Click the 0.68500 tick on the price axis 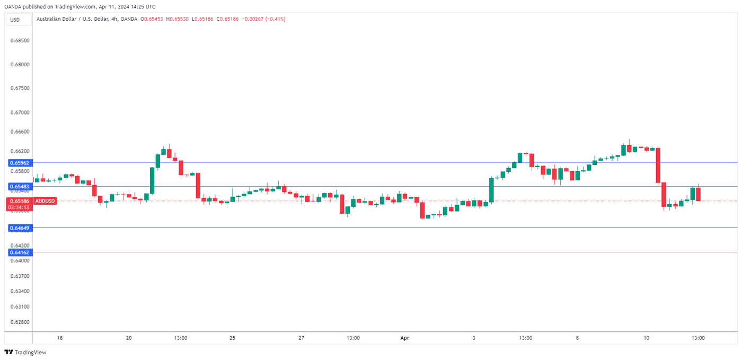20,40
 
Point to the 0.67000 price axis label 20,113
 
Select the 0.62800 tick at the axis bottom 20,322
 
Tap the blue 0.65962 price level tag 19,163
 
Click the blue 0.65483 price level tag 19,187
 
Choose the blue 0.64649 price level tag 19,228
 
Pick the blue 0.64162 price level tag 19,253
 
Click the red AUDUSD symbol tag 45,201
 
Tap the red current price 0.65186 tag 19,201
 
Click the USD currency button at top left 15,20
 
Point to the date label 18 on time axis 60,338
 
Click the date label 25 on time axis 232,338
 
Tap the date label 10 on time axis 647,338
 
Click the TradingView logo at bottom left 25,353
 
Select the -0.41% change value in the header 276,19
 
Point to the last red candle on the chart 699,194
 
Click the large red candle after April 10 658,165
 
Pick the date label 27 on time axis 301,338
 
